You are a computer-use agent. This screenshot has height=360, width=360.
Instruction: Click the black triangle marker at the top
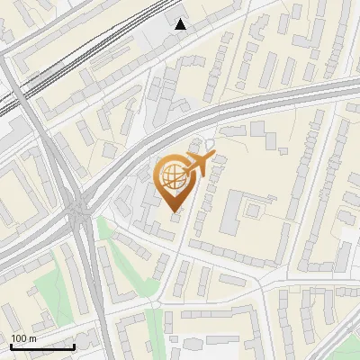[x=181, y=24]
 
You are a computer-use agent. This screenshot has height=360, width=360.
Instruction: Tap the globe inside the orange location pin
[x=173, y=176]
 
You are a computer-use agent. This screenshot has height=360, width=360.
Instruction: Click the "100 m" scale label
[x=23, y=338]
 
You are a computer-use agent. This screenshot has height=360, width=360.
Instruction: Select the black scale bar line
[x=42, y=346]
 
